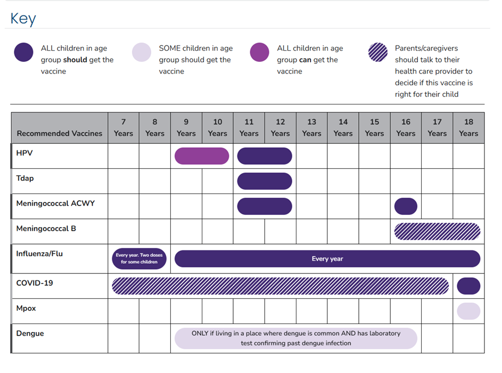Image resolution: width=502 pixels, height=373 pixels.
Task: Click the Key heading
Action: point(23,19)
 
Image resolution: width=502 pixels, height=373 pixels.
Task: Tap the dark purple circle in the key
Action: point(23,52)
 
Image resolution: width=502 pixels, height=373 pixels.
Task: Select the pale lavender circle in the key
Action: point(142,52)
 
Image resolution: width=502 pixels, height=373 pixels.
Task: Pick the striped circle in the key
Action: point(378,52)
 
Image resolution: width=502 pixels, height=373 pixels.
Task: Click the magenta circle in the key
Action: point(259,52)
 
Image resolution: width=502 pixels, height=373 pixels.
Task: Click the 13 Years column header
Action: point(311,127)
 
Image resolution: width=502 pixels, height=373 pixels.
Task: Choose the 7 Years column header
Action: point(124,127)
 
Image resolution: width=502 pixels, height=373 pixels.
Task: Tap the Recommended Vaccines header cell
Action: point(60,133)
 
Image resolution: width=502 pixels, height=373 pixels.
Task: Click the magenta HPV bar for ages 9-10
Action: point(202,156)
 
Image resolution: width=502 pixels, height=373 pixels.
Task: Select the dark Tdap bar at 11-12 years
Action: point(265,181)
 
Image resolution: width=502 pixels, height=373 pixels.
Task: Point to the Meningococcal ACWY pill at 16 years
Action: point(406,206)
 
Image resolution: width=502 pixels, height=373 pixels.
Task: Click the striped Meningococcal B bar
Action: point(437,231)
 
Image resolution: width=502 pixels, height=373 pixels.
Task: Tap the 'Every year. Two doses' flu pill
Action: point(139,258)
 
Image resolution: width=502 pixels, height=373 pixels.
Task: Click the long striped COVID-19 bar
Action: point(280,286)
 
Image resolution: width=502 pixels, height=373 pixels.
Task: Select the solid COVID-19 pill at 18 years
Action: point(468,286)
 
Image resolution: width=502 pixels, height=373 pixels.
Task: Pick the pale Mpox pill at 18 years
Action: point(468,311)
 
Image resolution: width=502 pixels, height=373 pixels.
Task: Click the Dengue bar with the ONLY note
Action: point(295,338)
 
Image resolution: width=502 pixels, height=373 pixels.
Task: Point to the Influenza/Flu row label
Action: point(39,254)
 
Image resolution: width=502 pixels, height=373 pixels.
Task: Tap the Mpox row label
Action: point(26,308)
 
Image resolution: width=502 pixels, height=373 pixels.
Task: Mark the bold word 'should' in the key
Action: point(75,60)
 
